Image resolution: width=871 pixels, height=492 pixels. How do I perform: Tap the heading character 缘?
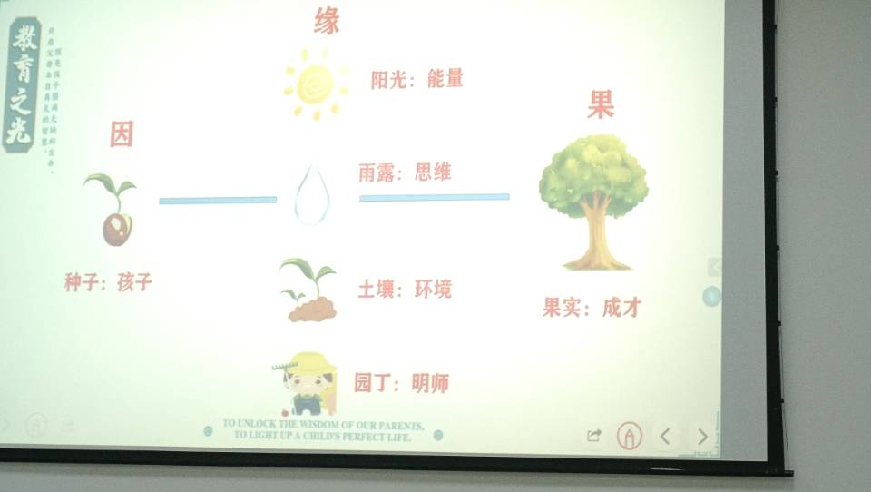(x=327, y=20)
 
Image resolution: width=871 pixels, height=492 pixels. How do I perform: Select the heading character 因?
(x=122, y=134)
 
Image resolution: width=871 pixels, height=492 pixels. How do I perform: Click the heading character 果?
(x=600, y=105)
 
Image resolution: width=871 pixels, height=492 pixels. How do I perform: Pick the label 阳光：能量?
(x=416, y=79)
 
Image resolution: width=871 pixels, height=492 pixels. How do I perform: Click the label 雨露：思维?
(x=405, y=172)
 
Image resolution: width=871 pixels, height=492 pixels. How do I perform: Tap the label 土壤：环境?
(x=404, y=290)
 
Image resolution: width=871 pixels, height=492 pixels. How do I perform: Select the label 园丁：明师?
(x=401, y=383)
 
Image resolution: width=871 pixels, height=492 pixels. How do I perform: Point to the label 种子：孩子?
(x=108, y=282)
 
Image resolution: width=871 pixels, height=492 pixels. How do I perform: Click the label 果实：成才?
(x=592, y=308)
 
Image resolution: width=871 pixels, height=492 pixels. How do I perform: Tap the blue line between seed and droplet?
(x=218, y=200)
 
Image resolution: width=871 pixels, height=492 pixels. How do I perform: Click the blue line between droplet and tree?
(x=434, y=197)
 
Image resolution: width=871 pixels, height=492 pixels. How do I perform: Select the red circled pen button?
(x=629, y=437)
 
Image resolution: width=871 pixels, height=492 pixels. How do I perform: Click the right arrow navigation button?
(x=701, y=437)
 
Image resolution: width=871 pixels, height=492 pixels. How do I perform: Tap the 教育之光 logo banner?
(x=20, y=84)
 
